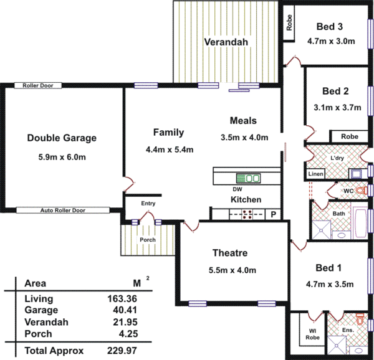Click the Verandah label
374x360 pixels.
tap(226, 42)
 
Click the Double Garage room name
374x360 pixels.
tap(62, 138)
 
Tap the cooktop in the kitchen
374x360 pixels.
tap(247, 214)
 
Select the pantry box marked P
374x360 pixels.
tap(272, 214)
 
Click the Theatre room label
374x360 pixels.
tap(230, 253)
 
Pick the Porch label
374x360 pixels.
tap(148, 240)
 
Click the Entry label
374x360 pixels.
tap(148, 204)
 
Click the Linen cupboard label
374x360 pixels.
tap(315, 174)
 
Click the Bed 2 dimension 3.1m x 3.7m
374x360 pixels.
tap(338, 107)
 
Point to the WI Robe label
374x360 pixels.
tap(312, 335)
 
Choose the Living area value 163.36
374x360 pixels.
tap(122, 299)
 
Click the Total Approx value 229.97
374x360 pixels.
tap(122, 351)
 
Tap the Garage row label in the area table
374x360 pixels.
tap(41, 310)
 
